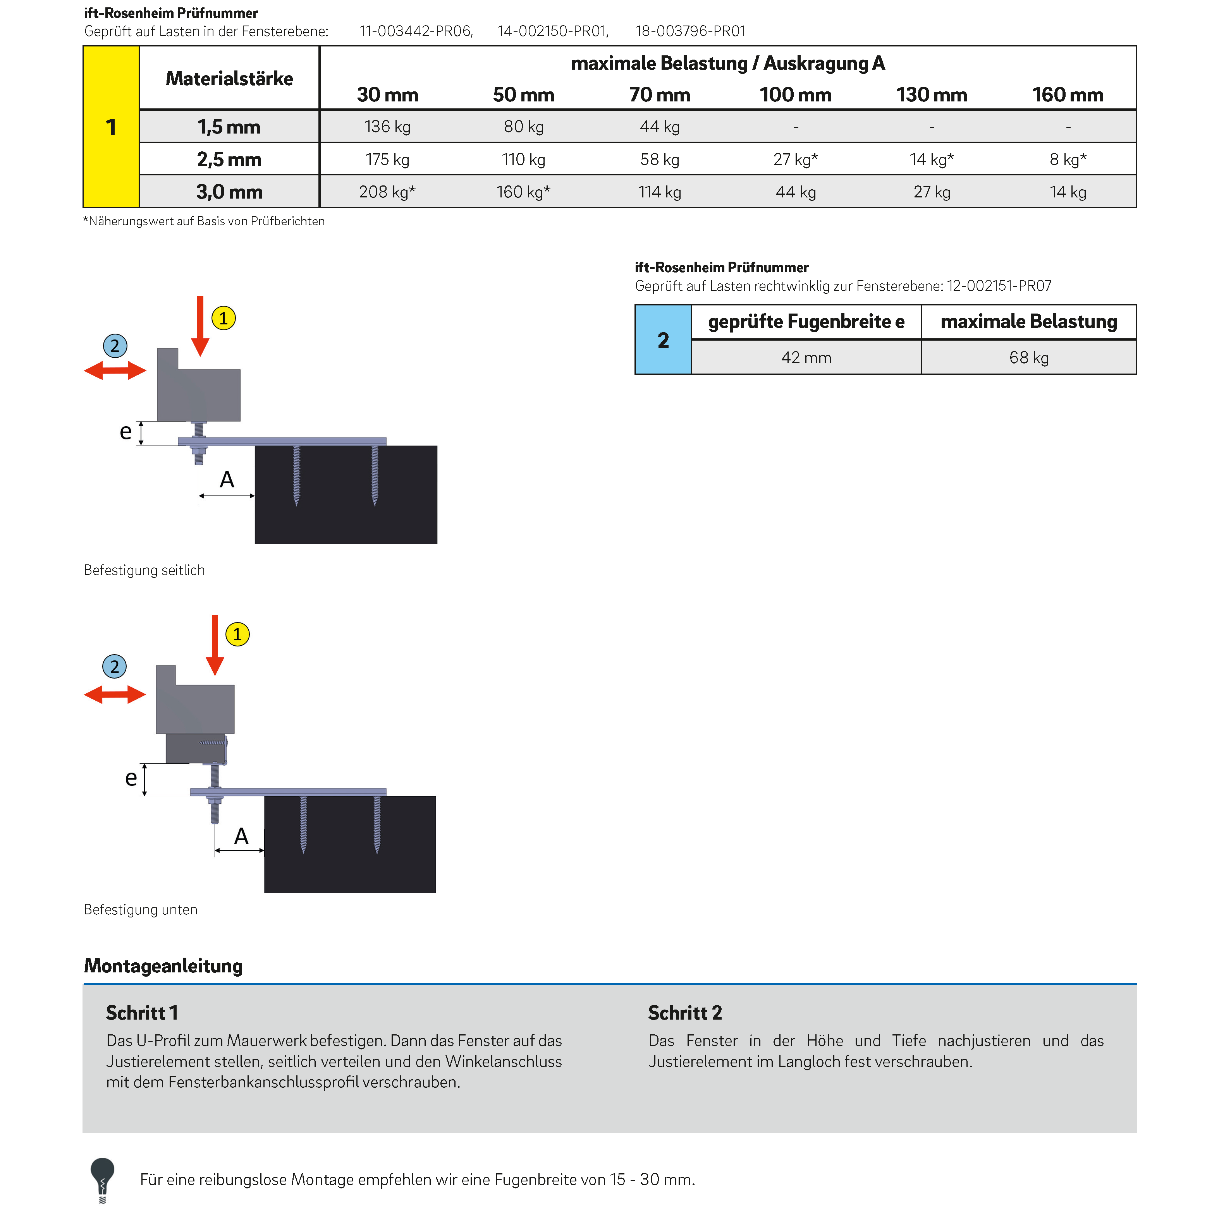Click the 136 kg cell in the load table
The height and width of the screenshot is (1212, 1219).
pyautogui.click(x=387, y=127)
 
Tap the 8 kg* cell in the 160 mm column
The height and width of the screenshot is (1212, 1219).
pyautogui.click(x=1068, y=159)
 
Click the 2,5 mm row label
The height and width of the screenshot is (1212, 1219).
pyautogui.click(x=229, y=159)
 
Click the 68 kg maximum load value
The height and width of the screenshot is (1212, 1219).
pyautogui.click(x=1028, y=358)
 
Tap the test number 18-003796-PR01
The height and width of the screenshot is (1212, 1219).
pyautogui.click(x=690, y=31)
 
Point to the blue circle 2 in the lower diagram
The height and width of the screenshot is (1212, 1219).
pyautogui.click(x=114, y=667)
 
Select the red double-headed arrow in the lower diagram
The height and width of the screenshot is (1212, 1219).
pyautogui.click(x=115, y=695)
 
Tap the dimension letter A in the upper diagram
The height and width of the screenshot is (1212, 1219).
pyautogui.click(x=227, y=480)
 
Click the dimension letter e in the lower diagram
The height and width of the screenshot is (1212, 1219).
pyautogui.click(x=131, y=778)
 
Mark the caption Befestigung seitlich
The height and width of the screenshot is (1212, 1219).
pyautogui.click(x=144, y=570)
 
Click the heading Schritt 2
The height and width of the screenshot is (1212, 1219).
pyautogui.click(x=684, y=1013)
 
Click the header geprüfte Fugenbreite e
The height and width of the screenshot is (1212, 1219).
pyautogui.click(x=806, y=322)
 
